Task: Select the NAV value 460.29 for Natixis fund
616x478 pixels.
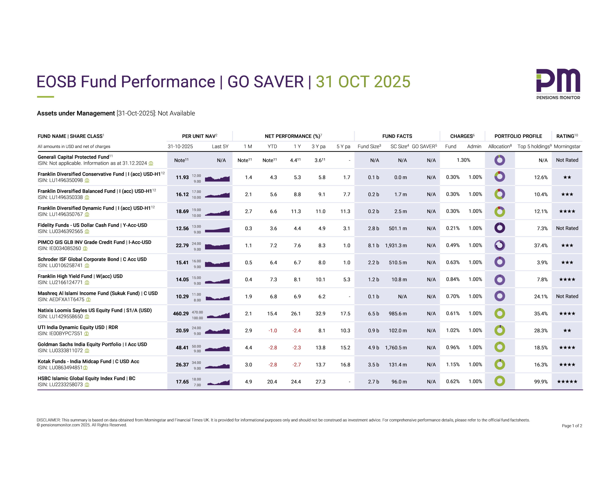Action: [181, 314]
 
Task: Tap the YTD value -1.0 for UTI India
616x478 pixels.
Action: [272, 331]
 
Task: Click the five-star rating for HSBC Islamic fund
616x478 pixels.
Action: [567, 382]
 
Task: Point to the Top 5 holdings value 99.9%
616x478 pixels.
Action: [541, 382]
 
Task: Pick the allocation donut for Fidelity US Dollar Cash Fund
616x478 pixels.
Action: [500, 228]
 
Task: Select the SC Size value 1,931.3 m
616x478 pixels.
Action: [396, 245]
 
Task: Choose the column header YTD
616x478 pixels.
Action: [272, 146]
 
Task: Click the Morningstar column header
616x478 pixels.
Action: [567, 146]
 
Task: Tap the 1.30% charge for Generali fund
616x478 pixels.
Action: [463, 160]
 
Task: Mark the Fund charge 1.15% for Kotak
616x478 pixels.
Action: [453, 364]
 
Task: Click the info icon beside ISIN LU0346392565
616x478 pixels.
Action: [87, 231]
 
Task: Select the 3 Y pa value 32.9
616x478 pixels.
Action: [321, 314]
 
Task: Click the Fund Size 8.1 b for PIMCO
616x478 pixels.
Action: [373, 245]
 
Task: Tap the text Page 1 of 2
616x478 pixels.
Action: [572, 426]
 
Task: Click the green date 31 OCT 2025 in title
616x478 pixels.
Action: [363, 82]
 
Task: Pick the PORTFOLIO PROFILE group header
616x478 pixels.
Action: [518, 136]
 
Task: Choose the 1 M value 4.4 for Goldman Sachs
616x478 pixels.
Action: [248, 348]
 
